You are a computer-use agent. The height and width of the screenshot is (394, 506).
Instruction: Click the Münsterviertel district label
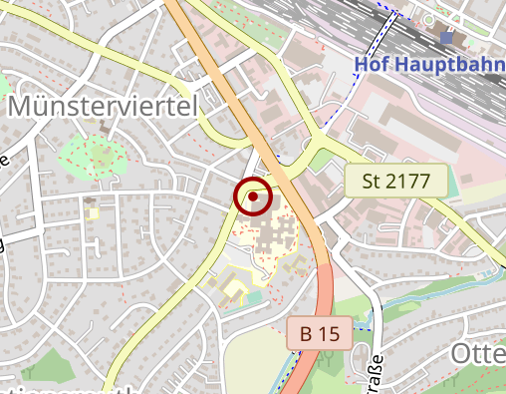pos(104,107)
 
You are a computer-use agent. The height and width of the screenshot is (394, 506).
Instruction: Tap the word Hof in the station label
pos(372,67)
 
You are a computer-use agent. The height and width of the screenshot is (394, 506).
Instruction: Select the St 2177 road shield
pos(395,182)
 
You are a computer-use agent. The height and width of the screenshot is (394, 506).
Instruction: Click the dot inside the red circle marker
pos(254,197)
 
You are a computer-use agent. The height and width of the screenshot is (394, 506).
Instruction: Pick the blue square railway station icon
pos(446,38)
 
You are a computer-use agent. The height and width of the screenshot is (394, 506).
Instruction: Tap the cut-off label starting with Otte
pos(478,354)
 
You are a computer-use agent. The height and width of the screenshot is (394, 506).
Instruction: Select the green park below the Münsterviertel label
pos(96,155)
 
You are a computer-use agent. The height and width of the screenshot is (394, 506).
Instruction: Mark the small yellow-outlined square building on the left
pos(92,211)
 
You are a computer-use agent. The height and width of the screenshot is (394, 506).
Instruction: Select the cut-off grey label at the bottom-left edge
pos(70,389)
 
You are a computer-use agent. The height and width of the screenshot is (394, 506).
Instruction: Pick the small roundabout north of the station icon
pos(429,17)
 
